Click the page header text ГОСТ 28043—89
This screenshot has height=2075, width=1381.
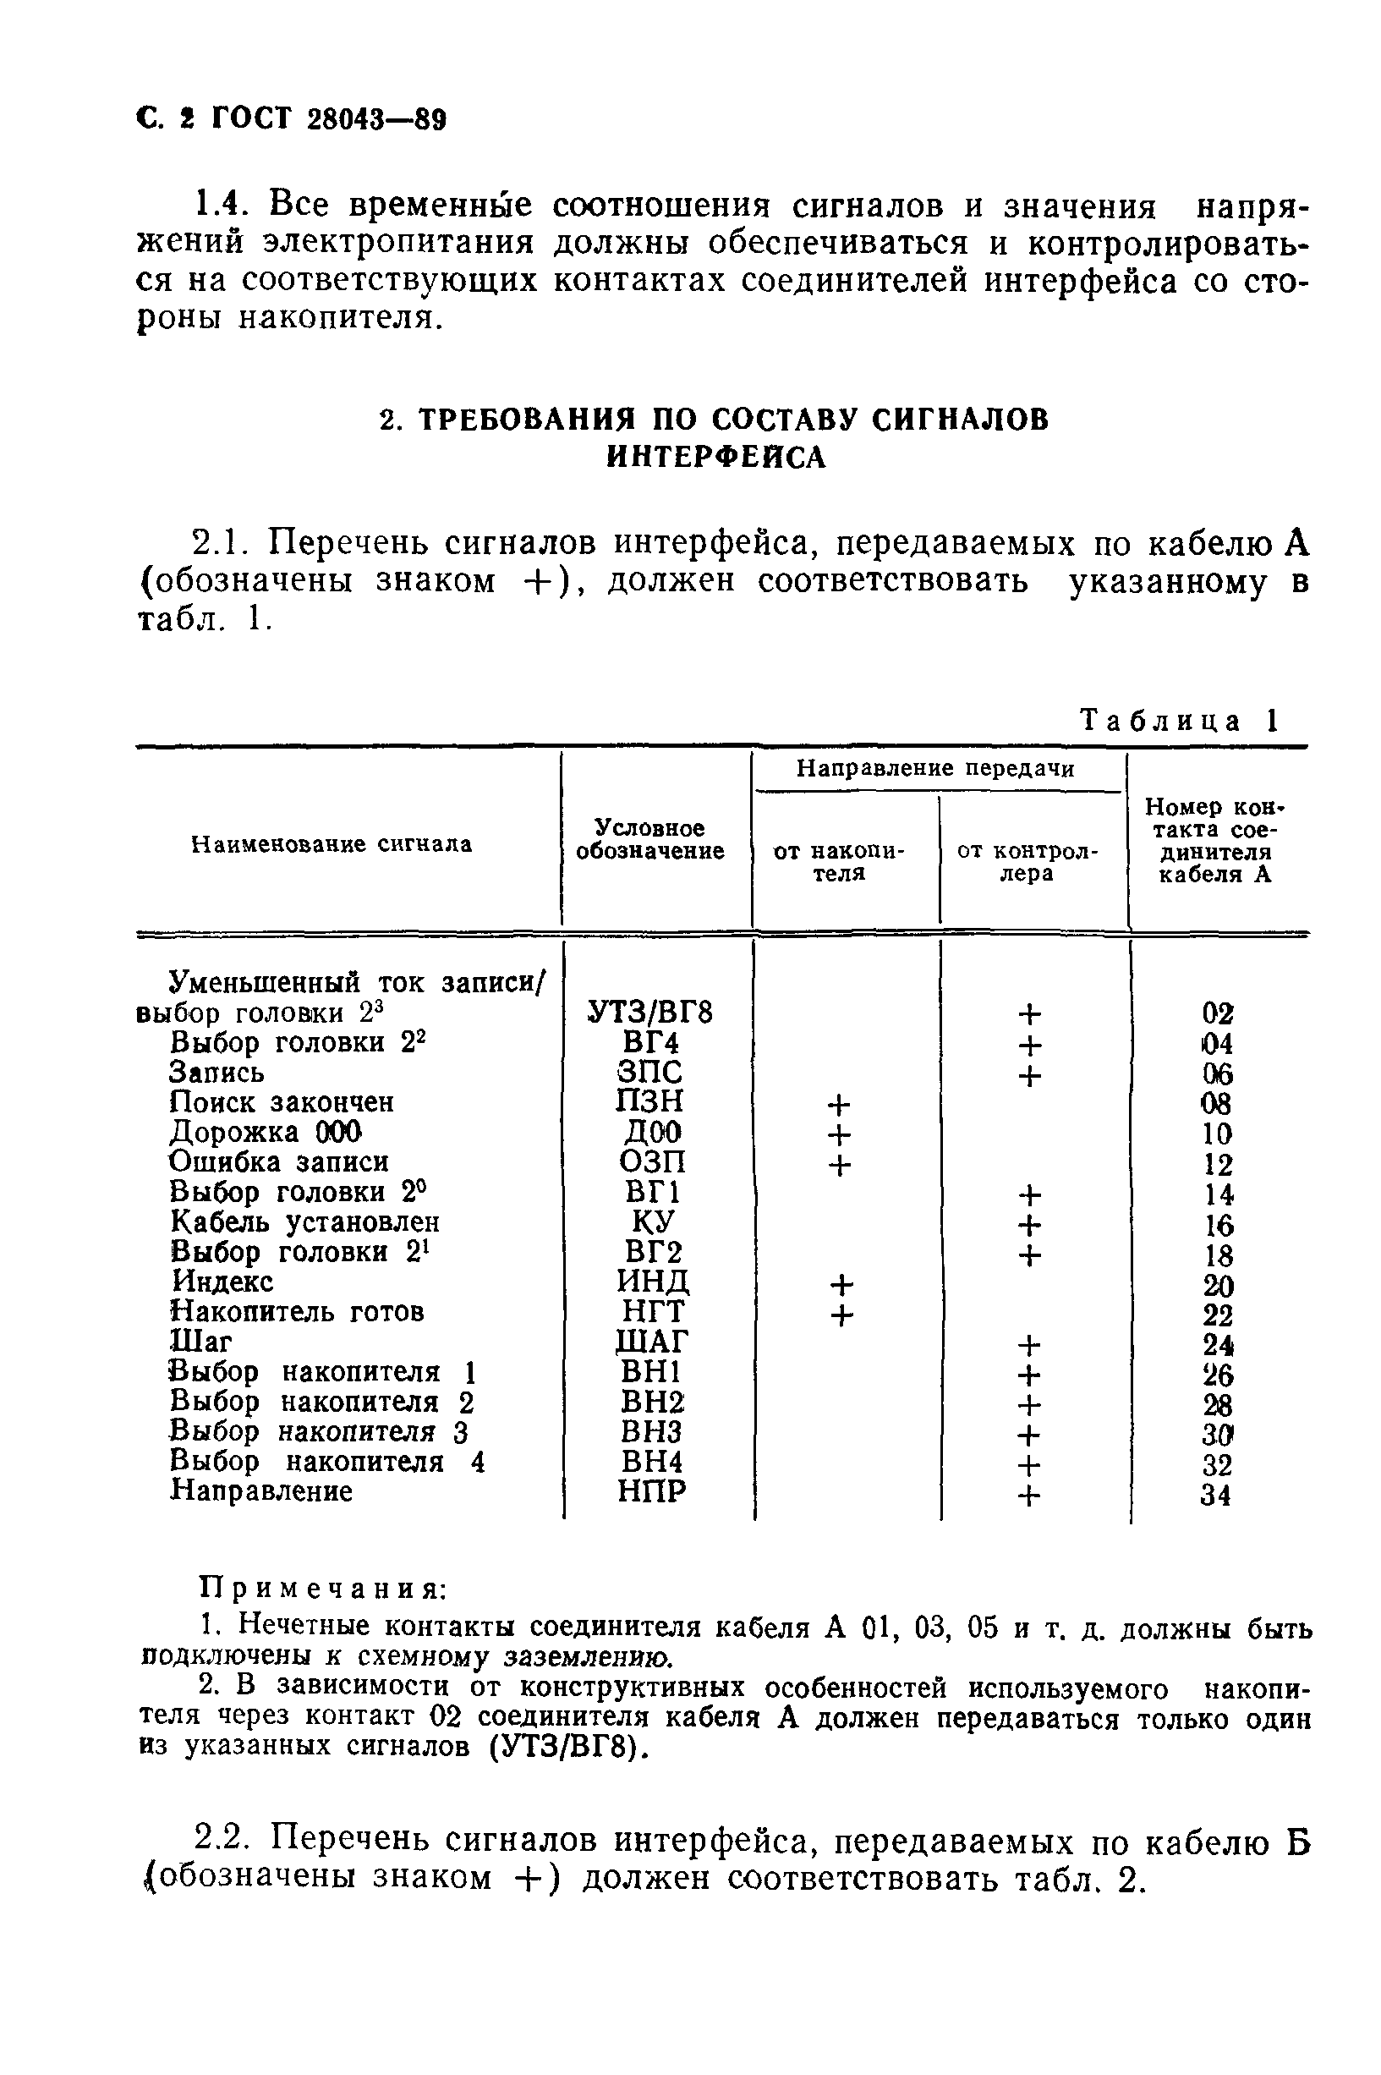click(328, 119)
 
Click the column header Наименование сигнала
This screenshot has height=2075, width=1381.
click(332, 844)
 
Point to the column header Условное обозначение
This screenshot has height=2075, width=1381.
click(650, 839)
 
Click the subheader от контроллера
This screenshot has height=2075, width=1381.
click(1028, 862)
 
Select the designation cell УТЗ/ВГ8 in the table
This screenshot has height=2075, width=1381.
click(650, 1013)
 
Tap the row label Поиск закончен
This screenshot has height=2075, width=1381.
click(282, 1103)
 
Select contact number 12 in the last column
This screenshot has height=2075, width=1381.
click(1217, 1164)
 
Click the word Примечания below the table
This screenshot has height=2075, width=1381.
click(324, 1588)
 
